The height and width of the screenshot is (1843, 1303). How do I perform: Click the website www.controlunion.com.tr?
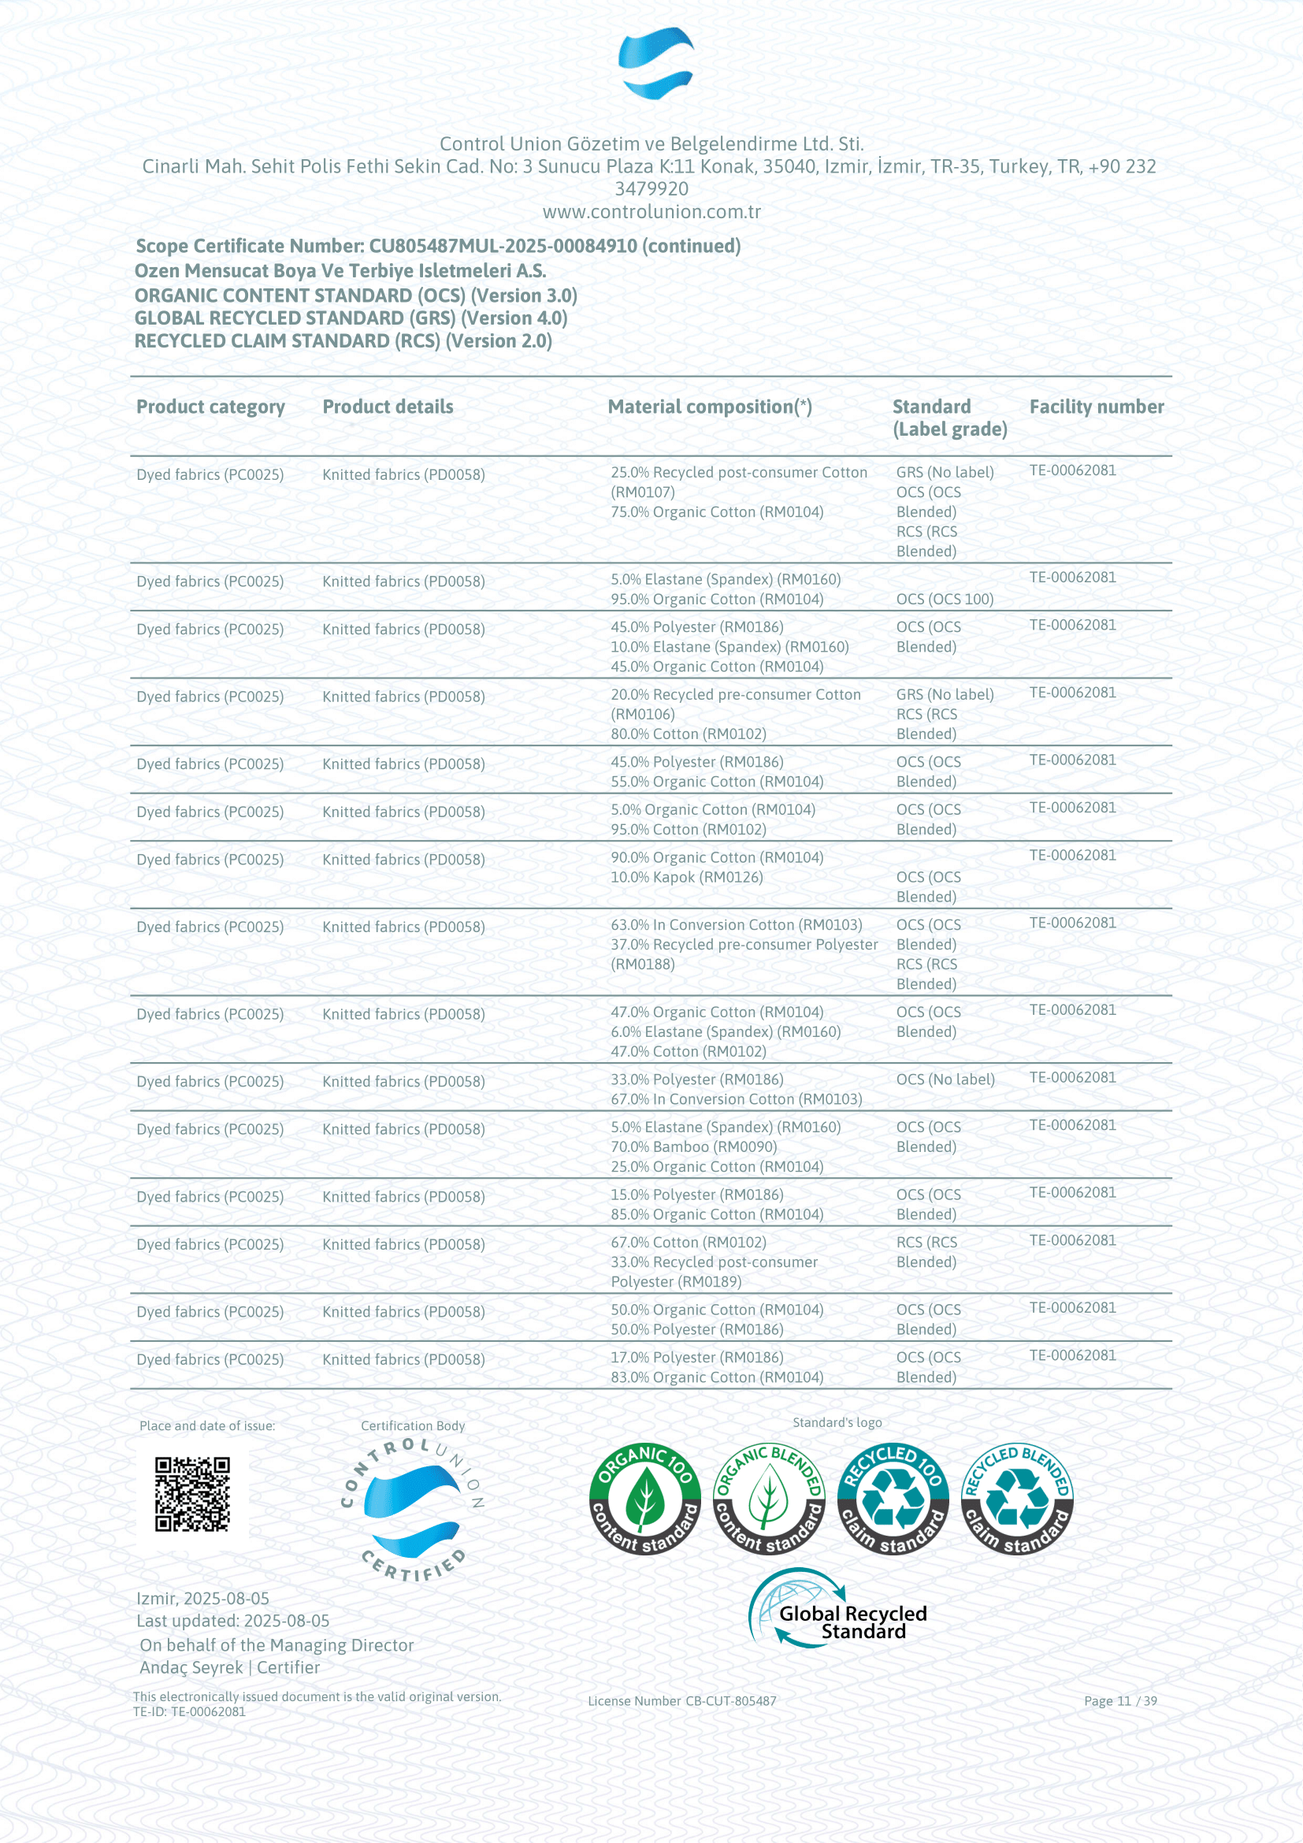pyautogui.click(x=651, y=212)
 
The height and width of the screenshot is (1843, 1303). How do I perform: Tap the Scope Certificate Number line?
pyautogui.click(x=437, y=246)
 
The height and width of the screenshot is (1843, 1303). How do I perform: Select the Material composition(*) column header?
pyautogui.click(x=709, y=407)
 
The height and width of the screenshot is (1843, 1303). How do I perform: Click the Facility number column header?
pyautogui.click(x=1096, y=407)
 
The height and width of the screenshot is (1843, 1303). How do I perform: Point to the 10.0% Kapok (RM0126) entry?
pyautogui.click(x=686, y=877)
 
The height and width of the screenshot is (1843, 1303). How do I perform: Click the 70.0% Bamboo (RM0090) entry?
pyautogui.click(x=693, y=1147)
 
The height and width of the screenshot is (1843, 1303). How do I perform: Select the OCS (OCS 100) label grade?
pyautogui.click(x=945, y=600)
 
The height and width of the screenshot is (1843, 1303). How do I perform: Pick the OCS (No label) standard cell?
pyautogui.click(x=945, y=1079)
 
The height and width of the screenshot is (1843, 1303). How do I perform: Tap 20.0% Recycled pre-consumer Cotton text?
pyautogui.click(x=735, y=695)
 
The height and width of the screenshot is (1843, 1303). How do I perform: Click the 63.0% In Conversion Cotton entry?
pyautogui.click(x=736, y=926)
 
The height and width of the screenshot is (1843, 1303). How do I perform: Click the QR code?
pyautogui.click(x=192, y=1495)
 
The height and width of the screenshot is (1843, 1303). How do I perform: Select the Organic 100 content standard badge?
pyautogui.click(x=644, y=1499)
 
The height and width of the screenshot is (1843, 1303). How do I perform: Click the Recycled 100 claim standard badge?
pyautogui.click(x=893, y=1499)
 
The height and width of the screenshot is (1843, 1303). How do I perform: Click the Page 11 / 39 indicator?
pyautogui.click(x=1120, y=1701)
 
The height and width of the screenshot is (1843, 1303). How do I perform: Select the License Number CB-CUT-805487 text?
pyautogui.click(x=682, y=1701)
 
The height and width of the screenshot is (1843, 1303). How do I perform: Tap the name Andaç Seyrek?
pyautogui.click(x=191, y=1667)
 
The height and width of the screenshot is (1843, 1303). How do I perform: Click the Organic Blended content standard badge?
pyautogui.click(x=769, y=1499)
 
